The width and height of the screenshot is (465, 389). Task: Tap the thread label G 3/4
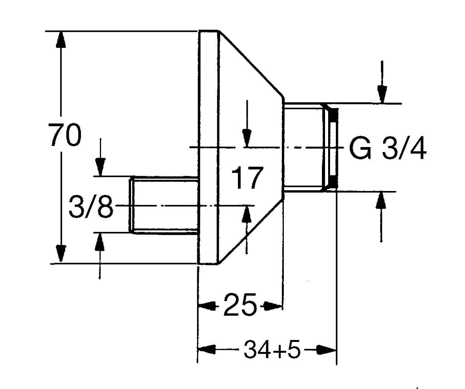click(387, 149)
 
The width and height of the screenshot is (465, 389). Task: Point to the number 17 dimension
click(246, 178)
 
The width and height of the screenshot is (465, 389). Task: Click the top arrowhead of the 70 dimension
click(60, 39)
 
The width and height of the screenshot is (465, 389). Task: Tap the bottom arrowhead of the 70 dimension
click(60, 255)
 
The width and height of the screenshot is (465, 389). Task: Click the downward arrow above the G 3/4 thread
click(382, 94)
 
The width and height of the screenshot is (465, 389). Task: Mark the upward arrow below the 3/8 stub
click(100, 241)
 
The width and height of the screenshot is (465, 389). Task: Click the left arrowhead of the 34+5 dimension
click(206, 349)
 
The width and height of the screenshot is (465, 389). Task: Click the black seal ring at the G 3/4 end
click(332, 148)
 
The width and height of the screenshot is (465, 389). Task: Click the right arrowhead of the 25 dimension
click(274, 306)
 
